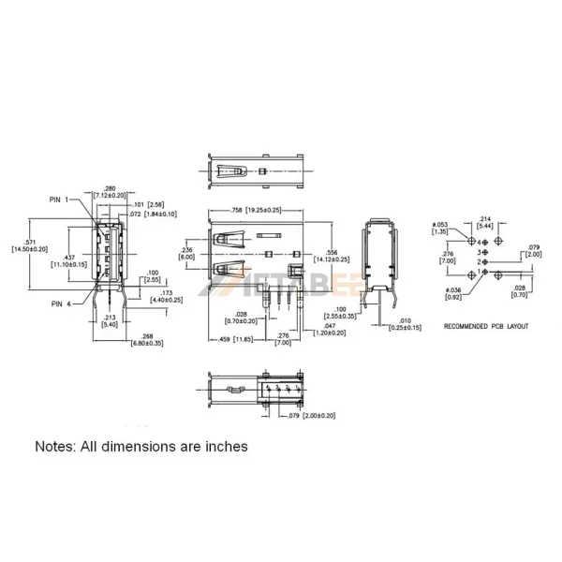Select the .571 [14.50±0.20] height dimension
click(x=29, y=244)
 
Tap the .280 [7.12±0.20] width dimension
click(x=110, y=192)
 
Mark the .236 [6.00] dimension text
click(x=186, y=253)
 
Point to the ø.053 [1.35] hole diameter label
click(x=439, y=228)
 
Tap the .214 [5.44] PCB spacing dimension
click(x=487, y=223)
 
